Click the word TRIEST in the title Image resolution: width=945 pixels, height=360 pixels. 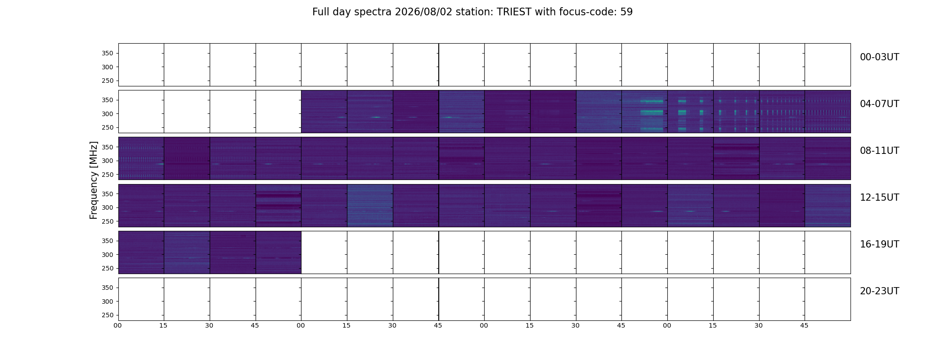point(514,12)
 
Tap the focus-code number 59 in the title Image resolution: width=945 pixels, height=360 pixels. point(626,12)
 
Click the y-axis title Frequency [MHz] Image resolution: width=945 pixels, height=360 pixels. point(94,180)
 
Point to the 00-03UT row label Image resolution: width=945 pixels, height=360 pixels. point(879,57)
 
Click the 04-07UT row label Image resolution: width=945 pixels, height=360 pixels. point(879,104)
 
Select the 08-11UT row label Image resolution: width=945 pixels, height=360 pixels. point(879,151)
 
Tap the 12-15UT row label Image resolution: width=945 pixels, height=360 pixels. point(879,198)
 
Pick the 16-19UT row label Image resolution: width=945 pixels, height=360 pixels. point(879,244)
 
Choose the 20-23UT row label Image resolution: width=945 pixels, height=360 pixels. point(879,291)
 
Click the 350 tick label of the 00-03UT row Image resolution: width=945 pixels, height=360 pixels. point(108,53)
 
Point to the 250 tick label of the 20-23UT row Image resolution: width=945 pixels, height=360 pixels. point(108,315)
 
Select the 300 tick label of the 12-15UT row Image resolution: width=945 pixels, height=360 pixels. point(108,207)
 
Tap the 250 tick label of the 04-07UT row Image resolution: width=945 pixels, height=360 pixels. point(108,127)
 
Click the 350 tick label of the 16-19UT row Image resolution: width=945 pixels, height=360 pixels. point(108,241)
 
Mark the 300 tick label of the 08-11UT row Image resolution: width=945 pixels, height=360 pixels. point(108,161)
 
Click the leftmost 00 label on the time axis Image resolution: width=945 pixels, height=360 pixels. point(118,325)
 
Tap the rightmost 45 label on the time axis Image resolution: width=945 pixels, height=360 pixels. point(804,325)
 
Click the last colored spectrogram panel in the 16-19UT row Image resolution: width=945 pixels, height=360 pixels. point(279,252)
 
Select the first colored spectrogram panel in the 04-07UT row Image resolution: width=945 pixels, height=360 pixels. point(324,112)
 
